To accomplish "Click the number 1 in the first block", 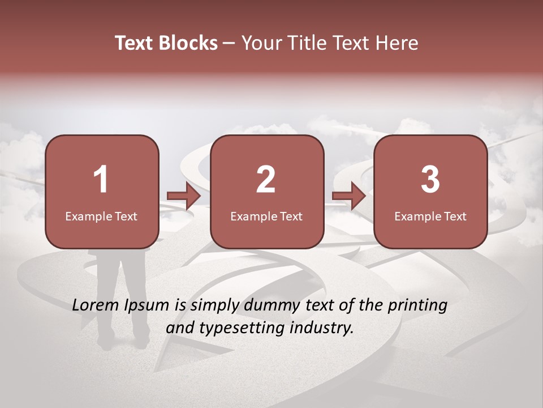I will pyautogui.click(x=101, y=180).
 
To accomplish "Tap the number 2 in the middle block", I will pyautogui.click(x=266, y=180).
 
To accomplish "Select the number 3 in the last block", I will pyautogui.click(x=430, y=180).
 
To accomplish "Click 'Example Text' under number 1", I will pyautogui.click(x=101, y=216).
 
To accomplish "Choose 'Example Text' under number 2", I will pyautogui.click(x=266, y=216).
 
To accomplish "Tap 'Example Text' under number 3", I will pyautogui.click(x=430, y=216).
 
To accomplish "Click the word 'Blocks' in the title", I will pyautogui.click(x=188, y=43).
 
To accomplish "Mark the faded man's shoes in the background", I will pyautogui.click(x=122, y=342).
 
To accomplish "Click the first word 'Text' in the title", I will pyautogui.click(x=135, y=43).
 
